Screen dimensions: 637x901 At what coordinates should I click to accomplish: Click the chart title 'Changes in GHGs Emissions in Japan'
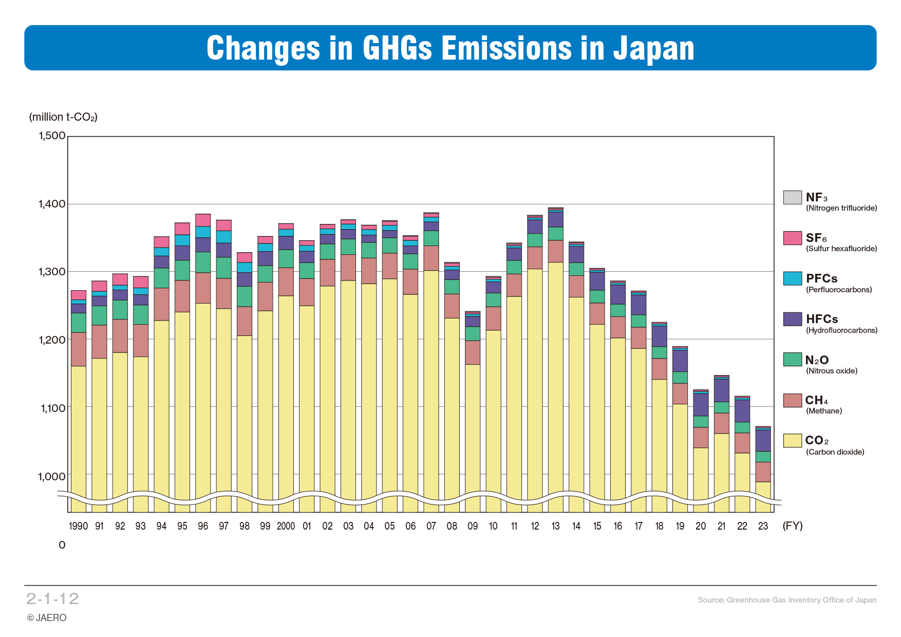pos(450,48)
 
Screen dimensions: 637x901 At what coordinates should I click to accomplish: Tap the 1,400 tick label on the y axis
pos(52,204)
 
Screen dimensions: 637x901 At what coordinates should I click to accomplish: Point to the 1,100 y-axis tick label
pos(53,408)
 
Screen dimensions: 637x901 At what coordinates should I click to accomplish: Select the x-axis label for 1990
pos(78,526)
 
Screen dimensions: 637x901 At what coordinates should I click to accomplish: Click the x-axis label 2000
pos(286,526)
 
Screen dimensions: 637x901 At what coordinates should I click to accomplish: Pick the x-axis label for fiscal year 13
pos(555,526)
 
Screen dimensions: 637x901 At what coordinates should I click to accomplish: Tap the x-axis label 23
pos(763,526)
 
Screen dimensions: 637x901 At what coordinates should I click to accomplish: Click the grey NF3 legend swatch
pos(792,197)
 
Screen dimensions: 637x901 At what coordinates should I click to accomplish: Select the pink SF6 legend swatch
pos(792,238)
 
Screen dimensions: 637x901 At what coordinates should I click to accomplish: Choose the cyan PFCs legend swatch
pos(792,278)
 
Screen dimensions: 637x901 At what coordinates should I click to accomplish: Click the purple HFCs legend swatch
pos(792,319)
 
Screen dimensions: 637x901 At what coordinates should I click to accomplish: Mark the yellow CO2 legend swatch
pos(792,440)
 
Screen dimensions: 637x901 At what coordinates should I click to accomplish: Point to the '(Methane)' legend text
pos(823,411)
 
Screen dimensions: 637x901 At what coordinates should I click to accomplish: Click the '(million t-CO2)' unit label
pos(63,117)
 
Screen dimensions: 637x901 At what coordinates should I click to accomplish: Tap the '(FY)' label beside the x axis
pos(792,526)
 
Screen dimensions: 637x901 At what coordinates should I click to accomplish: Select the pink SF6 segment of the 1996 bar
pos(203,220)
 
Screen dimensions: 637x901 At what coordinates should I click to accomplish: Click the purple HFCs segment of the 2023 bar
pos(763,440)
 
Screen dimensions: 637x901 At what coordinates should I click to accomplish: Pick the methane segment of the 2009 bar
pos(473,352)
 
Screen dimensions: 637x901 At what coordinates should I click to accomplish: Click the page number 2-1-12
pos(52,598)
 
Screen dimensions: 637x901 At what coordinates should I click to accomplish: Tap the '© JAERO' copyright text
pos(47,617)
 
